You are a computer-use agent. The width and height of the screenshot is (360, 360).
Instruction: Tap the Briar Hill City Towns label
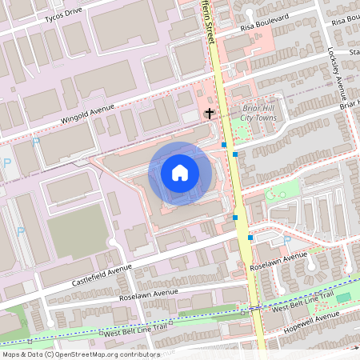click(258, 116)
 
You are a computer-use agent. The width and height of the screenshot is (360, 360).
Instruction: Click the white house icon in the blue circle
click(179, 171)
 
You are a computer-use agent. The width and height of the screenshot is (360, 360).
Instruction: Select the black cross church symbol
click(210, 114)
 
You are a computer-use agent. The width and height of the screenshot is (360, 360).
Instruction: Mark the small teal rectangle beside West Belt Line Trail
click(342, 298)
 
